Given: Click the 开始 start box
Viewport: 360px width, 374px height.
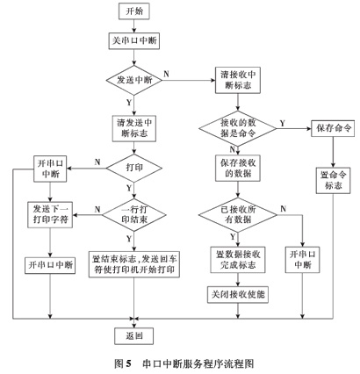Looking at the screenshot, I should click(133, 12).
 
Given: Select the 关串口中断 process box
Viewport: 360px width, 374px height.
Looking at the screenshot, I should click(133, 41).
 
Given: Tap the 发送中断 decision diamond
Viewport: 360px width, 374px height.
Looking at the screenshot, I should click(133, 79).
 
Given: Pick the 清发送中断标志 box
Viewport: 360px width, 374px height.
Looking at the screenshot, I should click(133, 128).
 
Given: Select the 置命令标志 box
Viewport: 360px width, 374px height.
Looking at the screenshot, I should click(331, 180).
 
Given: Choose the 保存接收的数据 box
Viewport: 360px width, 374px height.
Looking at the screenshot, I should click(241, 168).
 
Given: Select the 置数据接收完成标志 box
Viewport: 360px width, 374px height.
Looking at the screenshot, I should click(241, 259).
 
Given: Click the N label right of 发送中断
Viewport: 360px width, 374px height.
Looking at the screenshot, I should click(167, 73).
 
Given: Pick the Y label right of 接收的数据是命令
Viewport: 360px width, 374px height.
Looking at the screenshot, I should click(280, 122).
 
